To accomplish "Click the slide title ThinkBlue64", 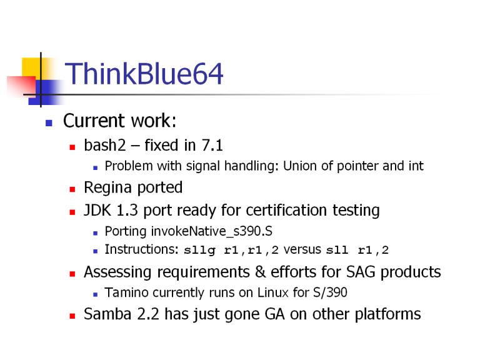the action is pyautogui.click(x=144, y=74).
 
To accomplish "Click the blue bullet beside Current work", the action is pyautogui.click(x=49, y=123).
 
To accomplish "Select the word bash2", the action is pyautogui.click(x=105, y=145).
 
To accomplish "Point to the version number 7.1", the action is pyautogui.click(x=212, y=145).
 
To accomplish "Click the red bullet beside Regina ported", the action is pyautogui.click(x=72, y=189).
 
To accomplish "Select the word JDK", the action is pyautogui.click(x=97, y=210).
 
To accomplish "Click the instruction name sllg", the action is pyautogui.click(x=199, y=251).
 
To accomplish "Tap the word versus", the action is pyautogui.click(x=302, y=250).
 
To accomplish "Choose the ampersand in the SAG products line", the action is pyautogui.click(x=260, y=272).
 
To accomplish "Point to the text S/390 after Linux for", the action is pyautogui.click(x=330, y=292).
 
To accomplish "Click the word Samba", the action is pyautogui.click(x=107, y=314).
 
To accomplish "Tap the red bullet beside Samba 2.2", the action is pyautogui.click(x=72, y=316).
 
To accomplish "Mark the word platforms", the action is pyautogui.click(x=388, y=315).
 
